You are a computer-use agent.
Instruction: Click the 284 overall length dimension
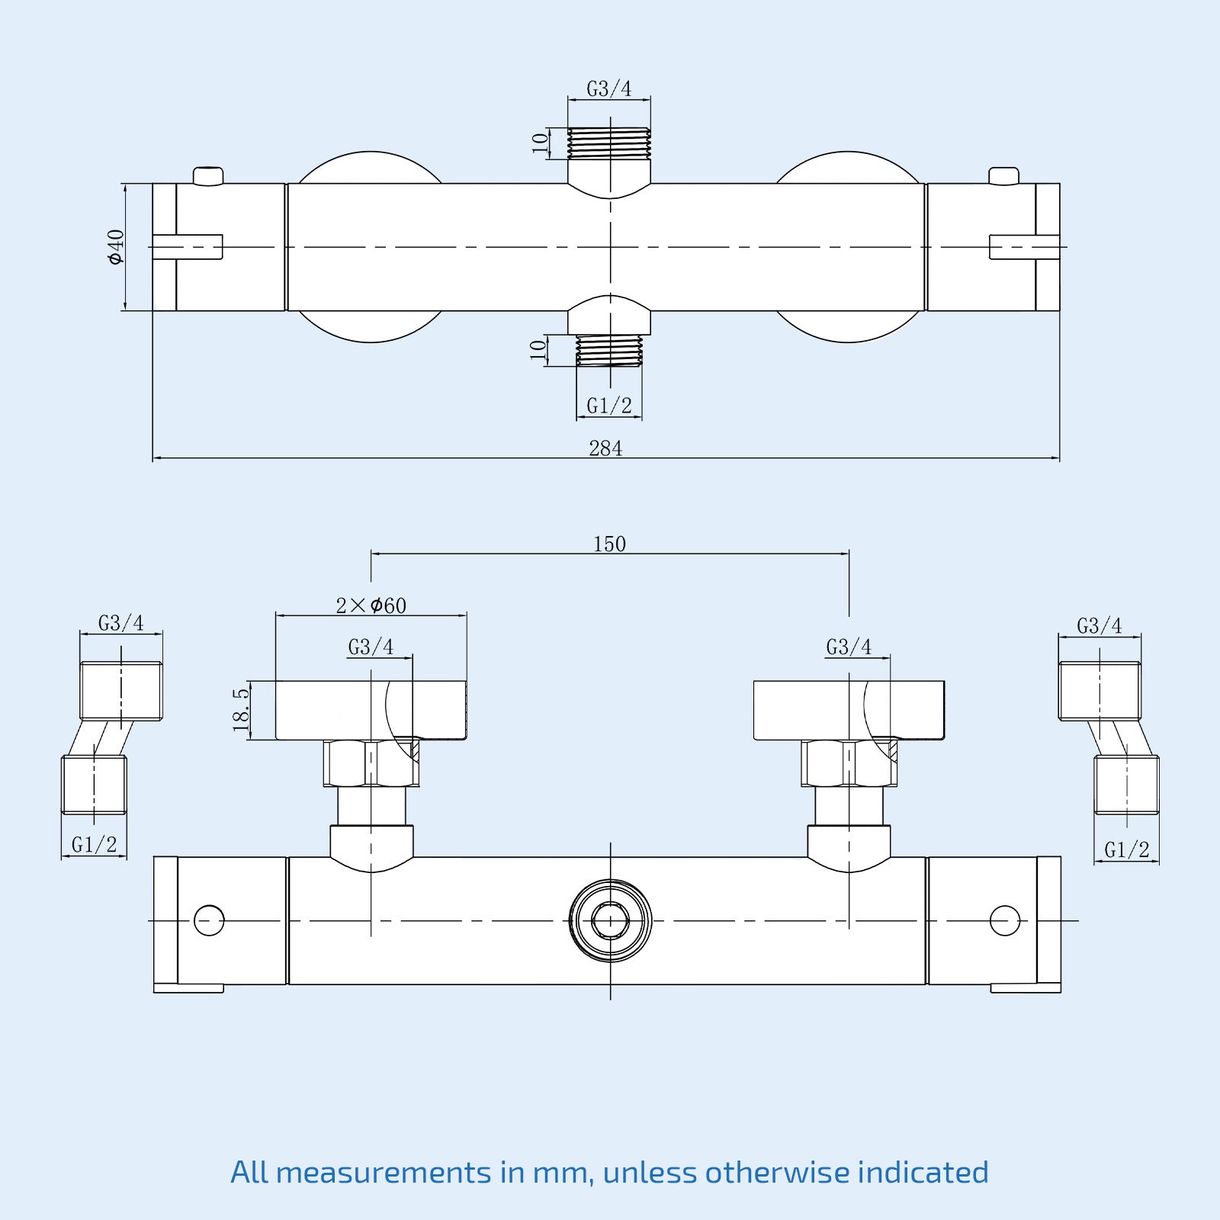click(x=605, y=448)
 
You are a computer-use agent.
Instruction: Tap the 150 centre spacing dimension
click(x=609, y=544)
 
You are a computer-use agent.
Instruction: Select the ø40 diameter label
click(x=116, y=246)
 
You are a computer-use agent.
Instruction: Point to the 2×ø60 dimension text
click(x=371, y=606)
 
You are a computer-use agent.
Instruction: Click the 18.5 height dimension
click(x=241, y=710)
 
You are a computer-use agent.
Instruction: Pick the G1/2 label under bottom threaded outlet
click(x=609, y=406)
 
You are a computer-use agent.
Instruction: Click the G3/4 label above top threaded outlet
click(x=609, y=89)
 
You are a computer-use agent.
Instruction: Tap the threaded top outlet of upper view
click(x=609, y=143)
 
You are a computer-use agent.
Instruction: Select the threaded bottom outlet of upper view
click(x=609, y=351)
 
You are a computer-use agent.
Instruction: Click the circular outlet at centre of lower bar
click(x=610, y=920)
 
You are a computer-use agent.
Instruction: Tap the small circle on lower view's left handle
click(x=209, y=920)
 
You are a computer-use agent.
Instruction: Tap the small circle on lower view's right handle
click(x=1004, y=920)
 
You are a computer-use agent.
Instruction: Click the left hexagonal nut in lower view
click(x=371, y=763)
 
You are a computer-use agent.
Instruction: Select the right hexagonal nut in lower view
click(x=849, y=763)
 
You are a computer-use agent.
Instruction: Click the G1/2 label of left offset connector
click(x=95, y=845)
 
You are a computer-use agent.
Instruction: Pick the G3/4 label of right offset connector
click(x=1100, y=626)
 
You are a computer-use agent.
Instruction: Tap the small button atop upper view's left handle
click(x=208, y=176)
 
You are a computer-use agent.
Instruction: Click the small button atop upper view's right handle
click(x=1003, y=176)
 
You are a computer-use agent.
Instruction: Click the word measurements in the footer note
click(x=384, y=1172)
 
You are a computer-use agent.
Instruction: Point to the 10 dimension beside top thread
click(x=540, y=143)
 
